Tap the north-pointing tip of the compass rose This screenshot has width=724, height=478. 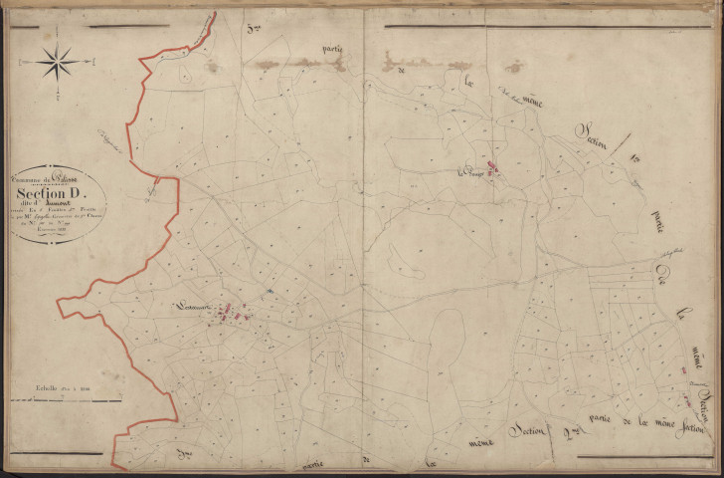58,43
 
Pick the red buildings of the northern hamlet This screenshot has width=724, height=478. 493,169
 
